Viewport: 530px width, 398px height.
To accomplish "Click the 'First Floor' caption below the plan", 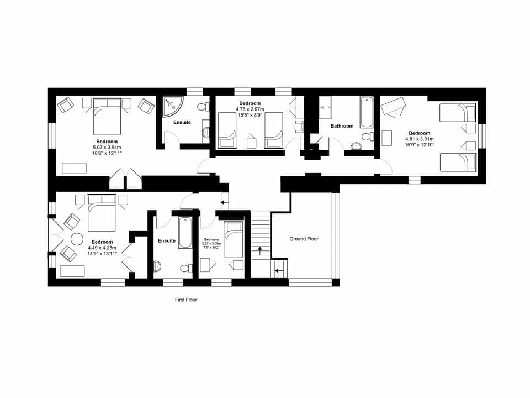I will pyautogui.click(x=185, y=300).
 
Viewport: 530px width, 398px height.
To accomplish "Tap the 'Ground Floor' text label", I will pyautogui.click(x=304, y=239).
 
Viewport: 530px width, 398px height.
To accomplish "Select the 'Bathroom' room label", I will pyautogui.click(x=342, y=126).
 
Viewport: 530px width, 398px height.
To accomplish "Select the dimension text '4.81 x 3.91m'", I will pyautogui.click(x=420, y=139).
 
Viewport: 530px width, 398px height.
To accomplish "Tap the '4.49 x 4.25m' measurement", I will pyautogui.click(x=102, y=248).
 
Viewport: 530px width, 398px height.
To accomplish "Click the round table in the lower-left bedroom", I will pyautogui.click(x=76, y=239).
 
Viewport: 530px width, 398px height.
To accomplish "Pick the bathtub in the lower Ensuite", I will pyautogui.click(x=184, y=232).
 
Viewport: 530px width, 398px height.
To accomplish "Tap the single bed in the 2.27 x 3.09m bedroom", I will pyautogui.click(x=234, y=239).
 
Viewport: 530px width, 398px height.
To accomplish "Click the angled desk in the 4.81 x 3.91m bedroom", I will pyautogui.click(x=393, y=106).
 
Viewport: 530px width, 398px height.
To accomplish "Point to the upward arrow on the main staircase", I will pyautogui.click(x=259, y=252).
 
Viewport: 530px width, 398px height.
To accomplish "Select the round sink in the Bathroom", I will pyautogui.click(x=356, y=146).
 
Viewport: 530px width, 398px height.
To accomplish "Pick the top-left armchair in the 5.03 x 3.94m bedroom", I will pyautogui.click(x=65, y=105).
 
